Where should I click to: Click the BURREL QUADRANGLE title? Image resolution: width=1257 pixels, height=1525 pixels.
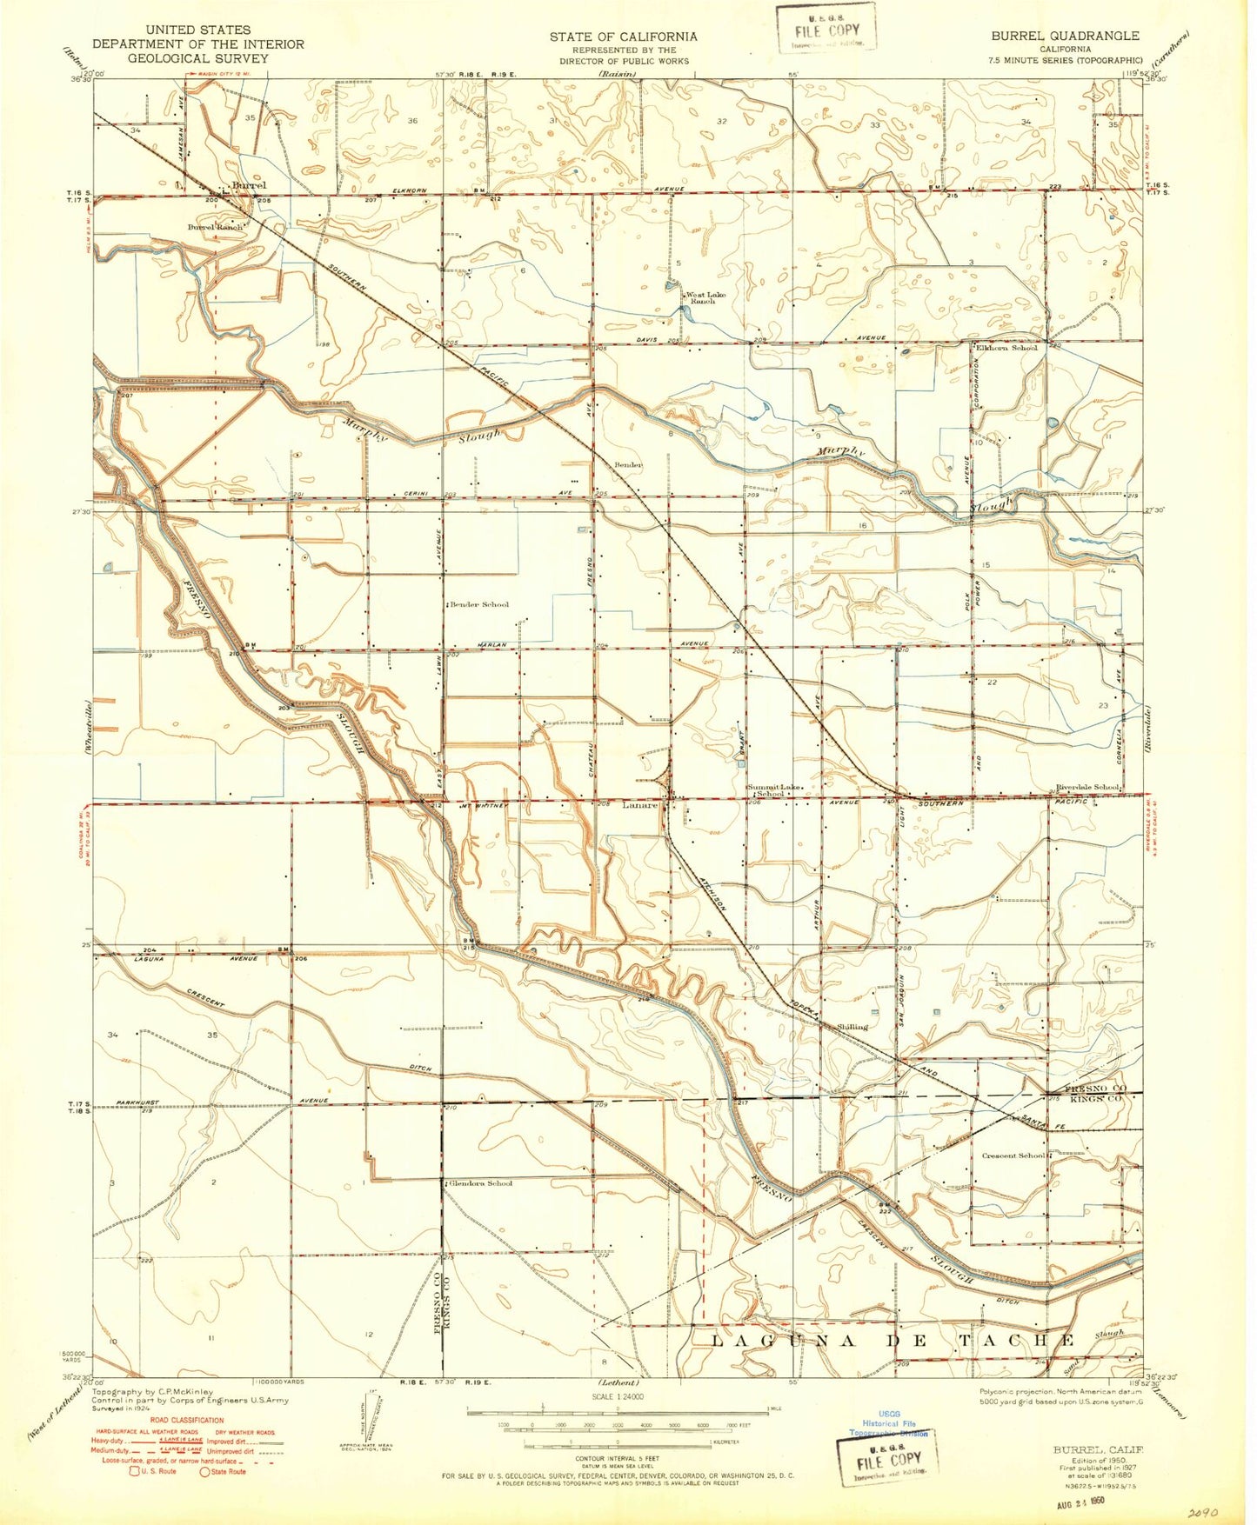tap(1064, 36)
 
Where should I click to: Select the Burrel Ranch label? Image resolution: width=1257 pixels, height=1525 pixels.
tap(216, 227)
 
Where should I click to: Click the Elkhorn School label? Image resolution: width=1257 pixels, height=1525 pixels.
tap(1007, 348)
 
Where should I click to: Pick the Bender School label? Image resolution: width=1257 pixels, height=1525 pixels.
tap(479, 604)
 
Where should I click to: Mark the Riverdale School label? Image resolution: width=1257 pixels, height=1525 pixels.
tap(1087, 787)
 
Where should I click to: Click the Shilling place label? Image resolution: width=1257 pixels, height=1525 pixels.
tap(852, 1027)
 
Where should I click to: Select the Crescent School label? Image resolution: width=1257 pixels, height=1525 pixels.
tap(1013, 1155)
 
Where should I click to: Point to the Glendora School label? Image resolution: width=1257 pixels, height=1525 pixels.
tap(481, 1183)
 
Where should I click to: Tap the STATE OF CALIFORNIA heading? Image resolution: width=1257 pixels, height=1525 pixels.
tap(623, 36)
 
